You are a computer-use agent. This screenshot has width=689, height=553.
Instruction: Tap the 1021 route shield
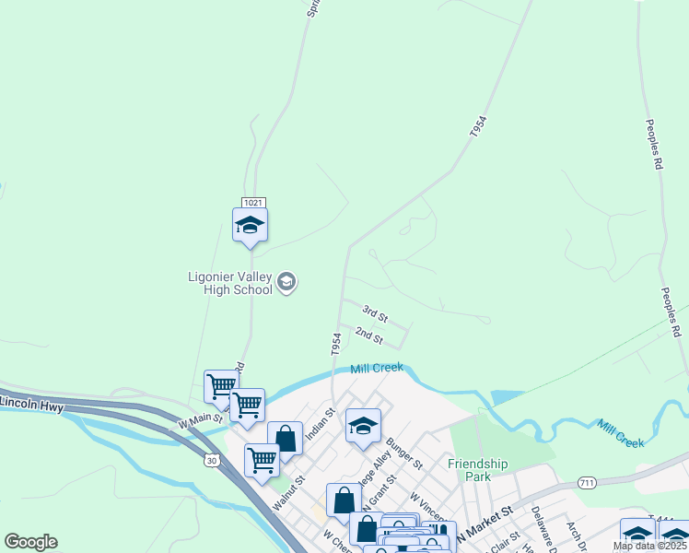point(254,202)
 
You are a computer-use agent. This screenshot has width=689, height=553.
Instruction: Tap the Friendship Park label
point(478,469)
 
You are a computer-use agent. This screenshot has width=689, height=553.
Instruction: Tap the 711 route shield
point(588,483)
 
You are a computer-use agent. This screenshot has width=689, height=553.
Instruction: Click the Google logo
point(30,542)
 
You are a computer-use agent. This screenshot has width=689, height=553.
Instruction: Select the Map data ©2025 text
point(648,546)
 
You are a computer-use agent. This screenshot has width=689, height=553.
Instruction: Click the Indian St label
point(319,427)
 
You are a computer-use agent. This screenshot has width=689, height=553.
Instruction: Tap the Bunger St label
point(403,452)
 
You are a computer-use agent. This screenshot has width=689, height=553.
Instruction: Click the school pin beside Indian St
point(363,426)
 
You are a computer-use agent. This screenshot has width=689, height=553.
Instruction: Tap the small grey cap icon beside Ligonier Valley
point(286,281)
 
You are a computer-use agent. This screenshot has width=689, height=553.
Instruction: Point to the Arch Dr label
point(575,532)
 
